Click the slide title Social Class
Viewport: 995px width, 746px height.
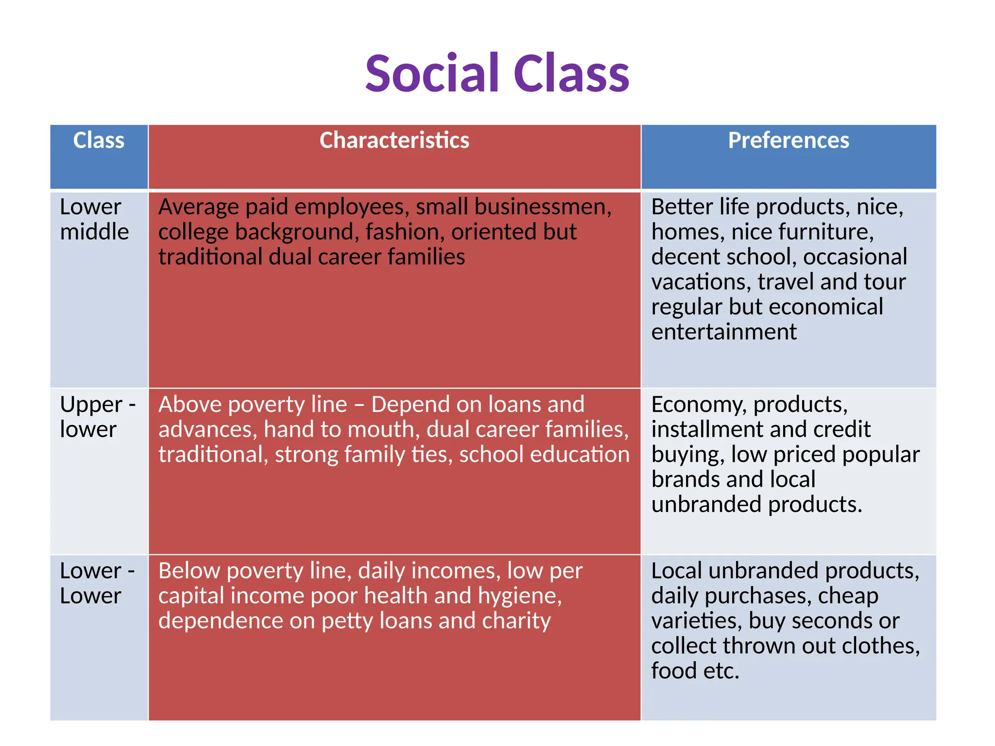(497, 74)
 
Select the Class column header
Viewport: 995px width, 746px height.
(99, 140)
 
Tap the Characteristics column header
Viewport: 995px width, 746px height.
(394, 140)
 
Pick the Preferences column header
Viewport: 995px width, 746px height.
(788, 140)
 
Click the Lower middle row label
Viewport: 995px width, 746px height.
(94, 219)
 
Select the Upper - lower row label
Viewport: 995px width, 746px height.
(97, 417)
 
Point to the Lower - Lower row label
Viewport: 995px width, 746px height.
(97, 583)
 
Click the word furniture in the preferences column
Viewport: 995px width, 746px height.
(835, 232)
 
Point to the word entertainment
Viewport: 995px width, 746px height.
(723, 332)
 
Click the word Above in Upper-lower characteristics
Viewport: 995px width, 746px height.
(189, 405)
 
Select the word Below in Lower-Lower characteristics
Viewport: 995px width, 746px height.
(189, 571)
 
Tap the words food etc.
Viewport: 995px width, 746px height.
(695, 671)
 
